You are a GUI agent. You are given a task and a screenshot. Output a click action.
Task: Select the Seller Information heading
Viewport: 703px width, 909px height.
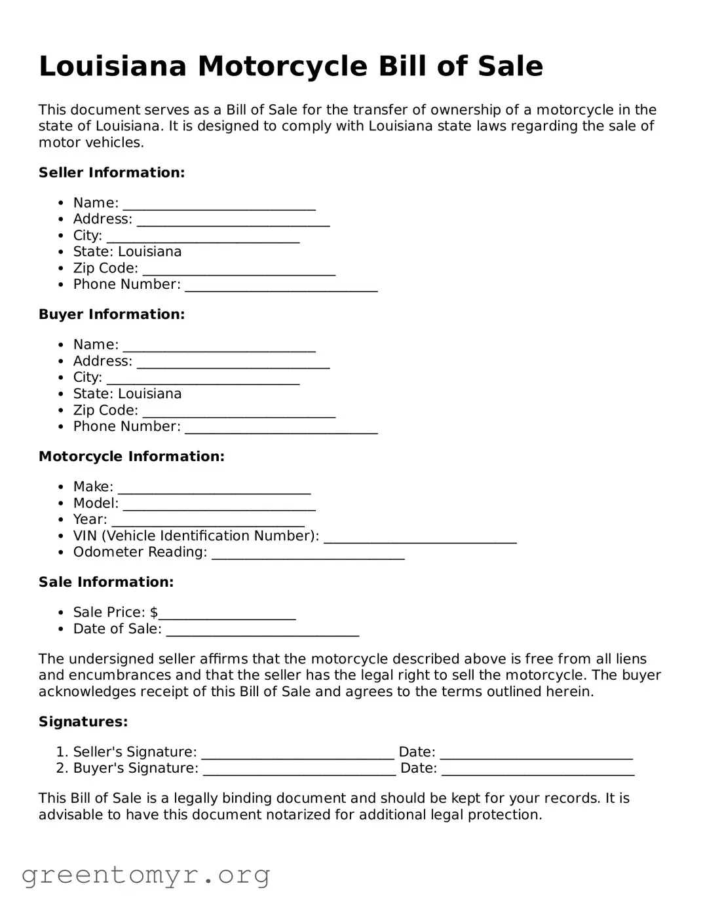click(x=111, y=173)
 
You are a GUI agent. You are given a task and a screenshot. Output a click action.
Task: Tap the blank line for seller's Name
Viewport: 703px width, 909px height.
click(x=219, y=204)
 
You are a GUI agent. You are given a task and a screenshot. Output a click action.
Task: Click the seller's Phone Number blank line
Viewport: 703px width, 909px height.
click(x=281, y=286)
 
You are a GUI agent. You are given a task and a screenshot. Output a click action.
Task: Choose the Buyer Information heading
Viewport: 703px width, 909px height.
click(x=111, y=314)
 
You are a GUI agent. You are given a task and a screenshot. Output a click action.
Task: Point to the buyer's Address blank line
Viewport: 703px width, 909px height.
click(x=233, y=363)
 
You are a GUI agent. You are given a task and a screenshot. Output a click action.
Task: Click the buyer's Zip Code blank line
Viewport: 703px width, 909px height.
click(x=238, y=412)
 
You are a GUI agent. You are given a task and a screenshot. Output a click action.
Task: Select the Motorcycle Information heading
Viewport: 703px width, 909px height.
click(x=131, y=456)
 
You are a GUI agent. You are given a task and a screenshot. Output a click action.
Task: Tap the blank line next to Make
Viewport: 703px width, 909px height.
click(x=214, y=489)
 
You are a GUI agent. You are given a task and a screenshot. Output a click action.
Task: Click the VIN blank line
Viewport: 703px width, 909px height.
click(x=420, y=538)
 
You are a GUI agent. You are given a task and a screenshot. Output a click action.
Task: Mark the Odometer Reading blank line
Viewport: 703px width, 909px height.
click(x=308, y=554)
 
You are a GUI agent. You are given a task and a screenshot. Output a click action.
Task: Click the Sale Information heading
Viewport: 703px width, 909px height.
click(x=106, y=582)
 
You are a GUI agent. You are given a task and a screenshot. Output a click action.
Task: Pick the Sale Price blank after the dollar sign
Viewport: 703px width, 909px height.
click(x=227, y=614)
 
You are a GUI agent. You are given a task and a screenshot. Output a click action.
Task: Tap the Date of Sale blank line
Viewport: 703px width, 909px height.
click(x=262, y=631)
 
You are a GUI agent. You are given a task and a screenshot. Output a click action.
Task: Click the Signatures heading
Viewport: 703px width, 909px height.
click(x=83, y=722)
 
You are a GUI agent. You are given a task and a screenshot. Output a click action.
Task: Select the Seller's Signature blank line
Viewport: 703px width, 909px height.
click(x=297, y=754)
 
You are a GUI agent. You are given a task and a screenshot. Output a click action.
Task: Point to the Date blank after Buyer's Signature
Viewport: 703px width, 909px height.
click(x=537, y=770)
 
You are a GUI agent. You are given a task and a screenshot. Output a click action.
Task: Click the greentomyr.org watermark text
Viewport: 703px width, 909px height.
click(x=145, y=875)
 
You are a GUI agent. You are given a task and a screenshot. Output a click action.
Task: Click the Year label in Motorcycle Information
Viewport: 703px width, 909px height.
click(x=90, y=520)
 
